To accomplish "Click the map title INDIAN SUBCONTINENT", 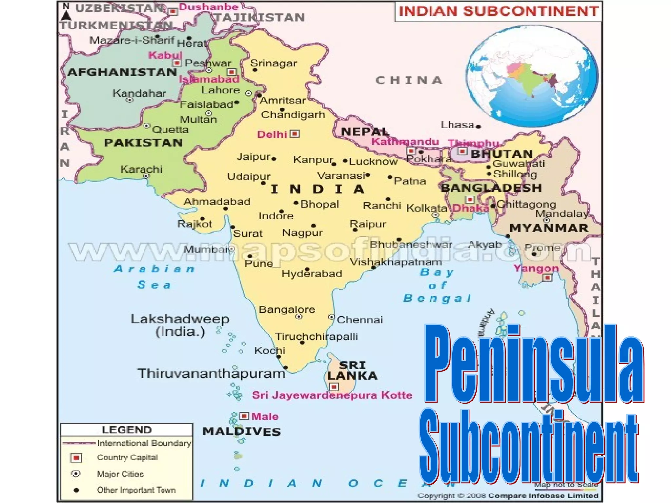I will pos(498,11).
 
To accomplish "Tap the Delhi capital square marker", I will pos(295,134).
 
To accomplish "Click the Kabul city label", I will pos(165,55).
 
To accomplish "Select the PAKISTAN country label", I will pos(143,143).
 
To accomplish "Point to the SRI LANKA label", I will pos(352,370).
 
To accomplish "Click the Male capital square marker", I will pos(244,416).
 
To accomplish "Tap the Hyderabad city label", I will pos(312,274).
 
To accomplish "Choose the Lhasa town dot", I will pos(478,127).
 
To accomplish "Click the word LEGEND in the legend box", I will pos(126,430).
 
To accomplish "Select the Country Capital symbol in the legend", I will pos(76,457).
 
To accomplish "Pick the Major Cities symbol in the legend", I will pos(76,474).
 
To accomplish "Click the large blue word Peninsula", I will pos(534,363).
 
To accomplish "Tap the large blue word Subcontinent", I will pos(528,447).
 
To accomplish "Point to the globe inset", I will pos(532,76).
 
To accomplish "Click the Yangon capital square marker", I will pos(547,278).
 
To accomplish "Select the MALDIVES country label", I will pos(242,431).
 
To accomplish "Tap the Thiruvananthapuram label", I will pos(211,374).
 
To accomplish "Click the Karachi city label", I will pos(141,169).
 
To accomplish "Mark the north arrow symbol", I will pos(66,15).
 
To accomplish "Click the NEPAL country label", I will pos(365,132).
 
